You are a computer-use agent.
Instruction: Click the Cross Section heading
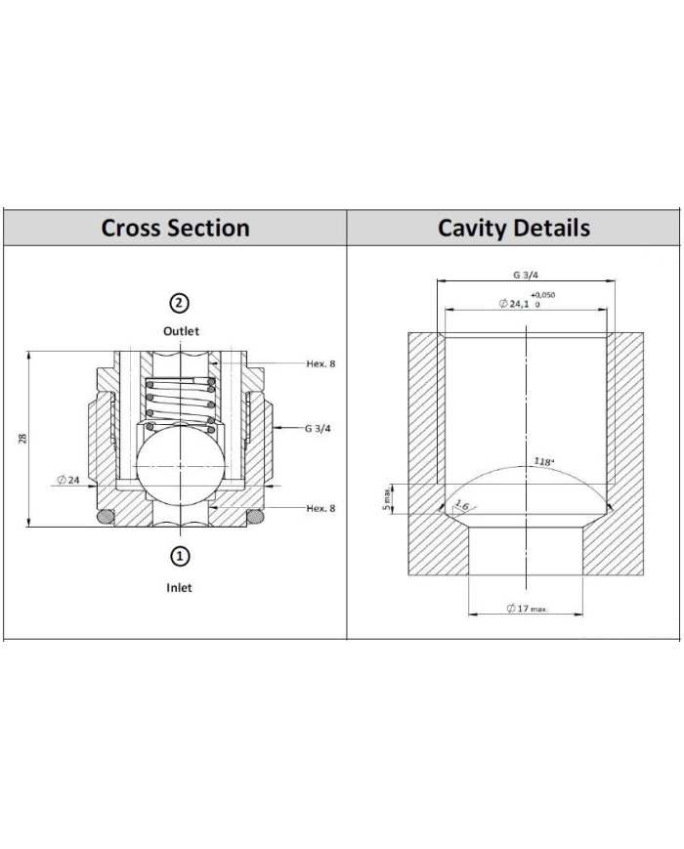point(175,228)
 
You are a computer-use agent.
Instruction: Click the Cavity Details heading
point(513,228)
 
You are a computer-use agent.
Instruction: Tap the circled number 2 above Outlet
point(179,303)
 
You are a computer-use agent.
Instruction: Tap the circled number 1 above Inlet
point(180,556)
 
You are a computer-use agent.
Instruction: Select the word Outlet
point(181,331)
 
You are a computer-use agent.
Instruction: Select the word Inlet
point(179,587)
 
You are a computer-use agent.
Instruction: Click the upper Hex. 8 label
point(321,363)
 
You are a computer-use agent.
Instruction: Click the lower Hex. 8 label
point(321,508)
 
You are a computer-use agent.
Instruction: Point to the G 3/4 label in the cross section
point(318,428)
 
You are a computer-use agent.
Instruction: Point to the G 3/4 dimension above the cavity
point(526,276)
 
